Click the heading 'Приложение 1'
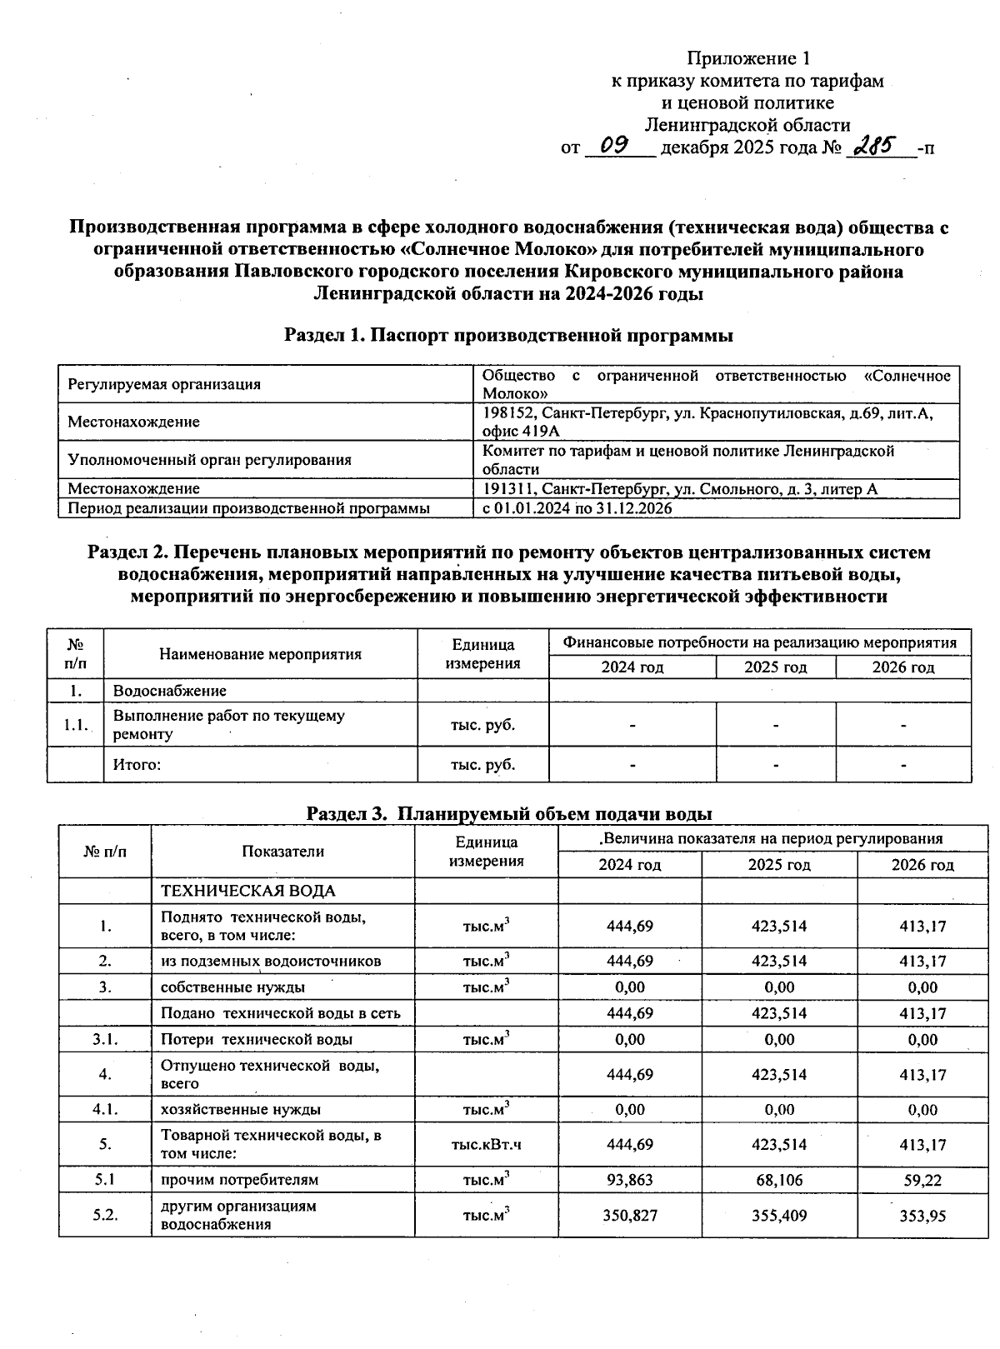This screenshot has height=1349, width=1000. coord(747,58)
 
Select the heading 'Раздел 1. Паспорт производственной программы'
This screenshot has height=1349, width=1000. coord(508,335)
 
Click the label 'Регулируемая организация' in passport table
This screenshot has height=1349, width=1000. coord(164,384)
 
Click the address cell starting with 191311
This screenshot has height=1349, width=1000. coord(680,489)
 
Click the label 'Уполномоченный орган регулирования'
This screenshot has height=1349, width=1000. coord(209,459)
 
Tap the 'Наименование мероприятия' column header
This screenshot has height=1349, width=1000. coord(260,654)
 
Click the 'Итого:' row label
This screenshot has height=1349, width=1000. coord(137,764)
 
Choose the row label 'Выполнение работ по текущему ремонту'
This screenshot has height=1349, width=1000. coord(228,725)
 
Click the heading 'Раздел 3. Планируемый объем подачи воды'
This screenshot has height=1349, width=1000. coord(508,813)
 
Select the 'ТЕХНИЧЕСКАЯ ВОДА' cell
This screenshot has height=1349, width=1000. coord(247,891)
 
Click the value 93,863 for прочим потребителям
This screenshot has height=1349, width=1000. coord(630,1180)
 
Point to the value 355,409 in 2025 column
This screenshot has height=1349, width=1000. coord(779,1216)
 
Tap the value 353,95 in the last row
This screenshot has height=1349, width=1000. coord(922,1216)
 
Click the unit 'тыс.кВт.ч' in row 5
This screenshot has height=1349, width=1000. coord(486,1145)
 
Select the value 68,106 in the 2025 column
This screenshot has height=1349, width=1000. coord(779,1180)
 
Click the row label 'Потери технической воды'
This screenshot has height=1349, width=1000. coord(256,1040)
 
